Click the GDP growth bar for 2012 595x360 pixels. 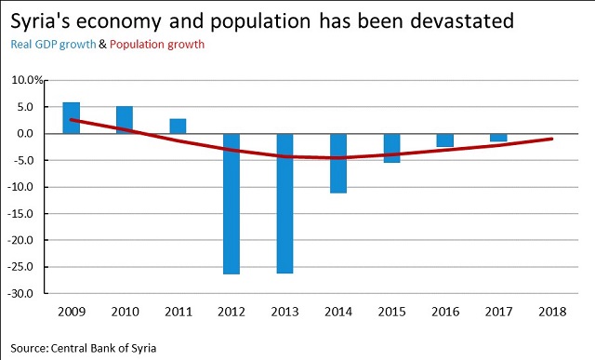(x=231, y=204)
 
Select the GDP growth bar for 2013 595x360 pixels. (x=284, y=204)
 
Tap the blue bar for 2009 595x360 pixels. (x=72, y=117)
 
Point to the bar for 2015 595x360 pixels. (x=391, y=148)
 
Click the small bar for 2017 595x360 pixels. (x=498, y=138)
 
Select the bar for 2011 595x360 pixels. (x=178, y=126)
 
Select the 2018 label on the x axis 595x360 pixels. (x=552, y=310)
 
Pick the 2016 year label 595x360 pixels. (x=445, y=310)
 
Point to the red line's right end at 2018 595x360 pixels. (x=552, y=139)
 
